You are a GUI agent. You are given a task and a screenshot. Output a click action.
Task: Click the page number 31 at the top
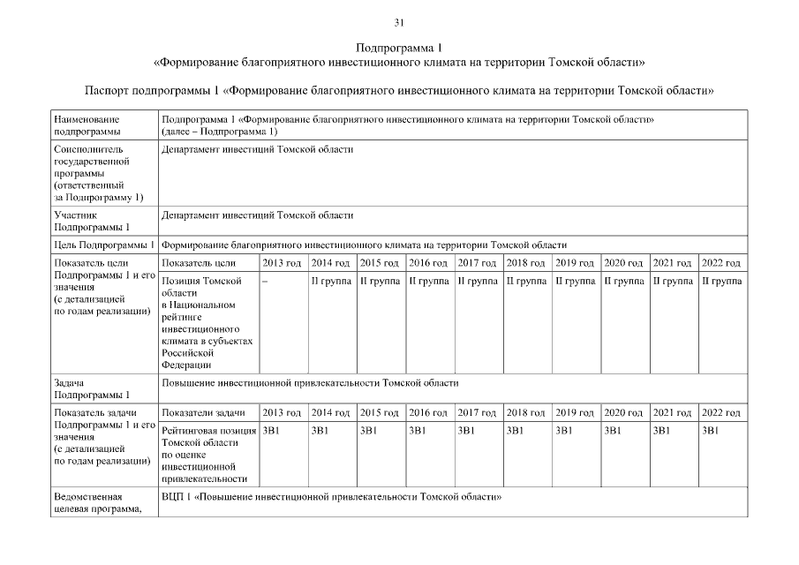pos(399,22)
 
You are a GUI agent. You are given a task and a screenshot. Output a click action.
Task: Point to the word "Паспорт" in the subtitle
pos(106,91)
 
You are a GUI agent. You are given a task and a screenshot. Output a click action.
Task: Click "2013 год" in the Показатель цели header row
pos(282,263)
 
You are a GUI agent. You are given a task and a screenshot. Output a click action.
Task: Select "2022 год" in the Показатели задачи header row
pos(721,412)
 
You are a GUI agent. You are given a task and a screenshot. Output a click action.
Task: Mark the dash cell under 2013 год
pos(265,281)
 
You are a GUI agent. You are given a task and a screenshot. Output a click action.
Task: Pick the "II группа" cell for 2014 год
pos(331,281)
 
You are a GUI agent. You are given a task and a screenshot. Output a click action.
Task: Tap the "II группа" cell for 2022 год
pos(721,281)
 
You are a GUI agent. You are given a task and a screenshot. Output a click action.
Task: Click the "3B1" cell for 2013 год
pos(271,430)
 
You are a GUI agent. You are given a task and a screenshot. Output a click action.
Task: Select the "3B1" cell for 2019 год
pos(564,430)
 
